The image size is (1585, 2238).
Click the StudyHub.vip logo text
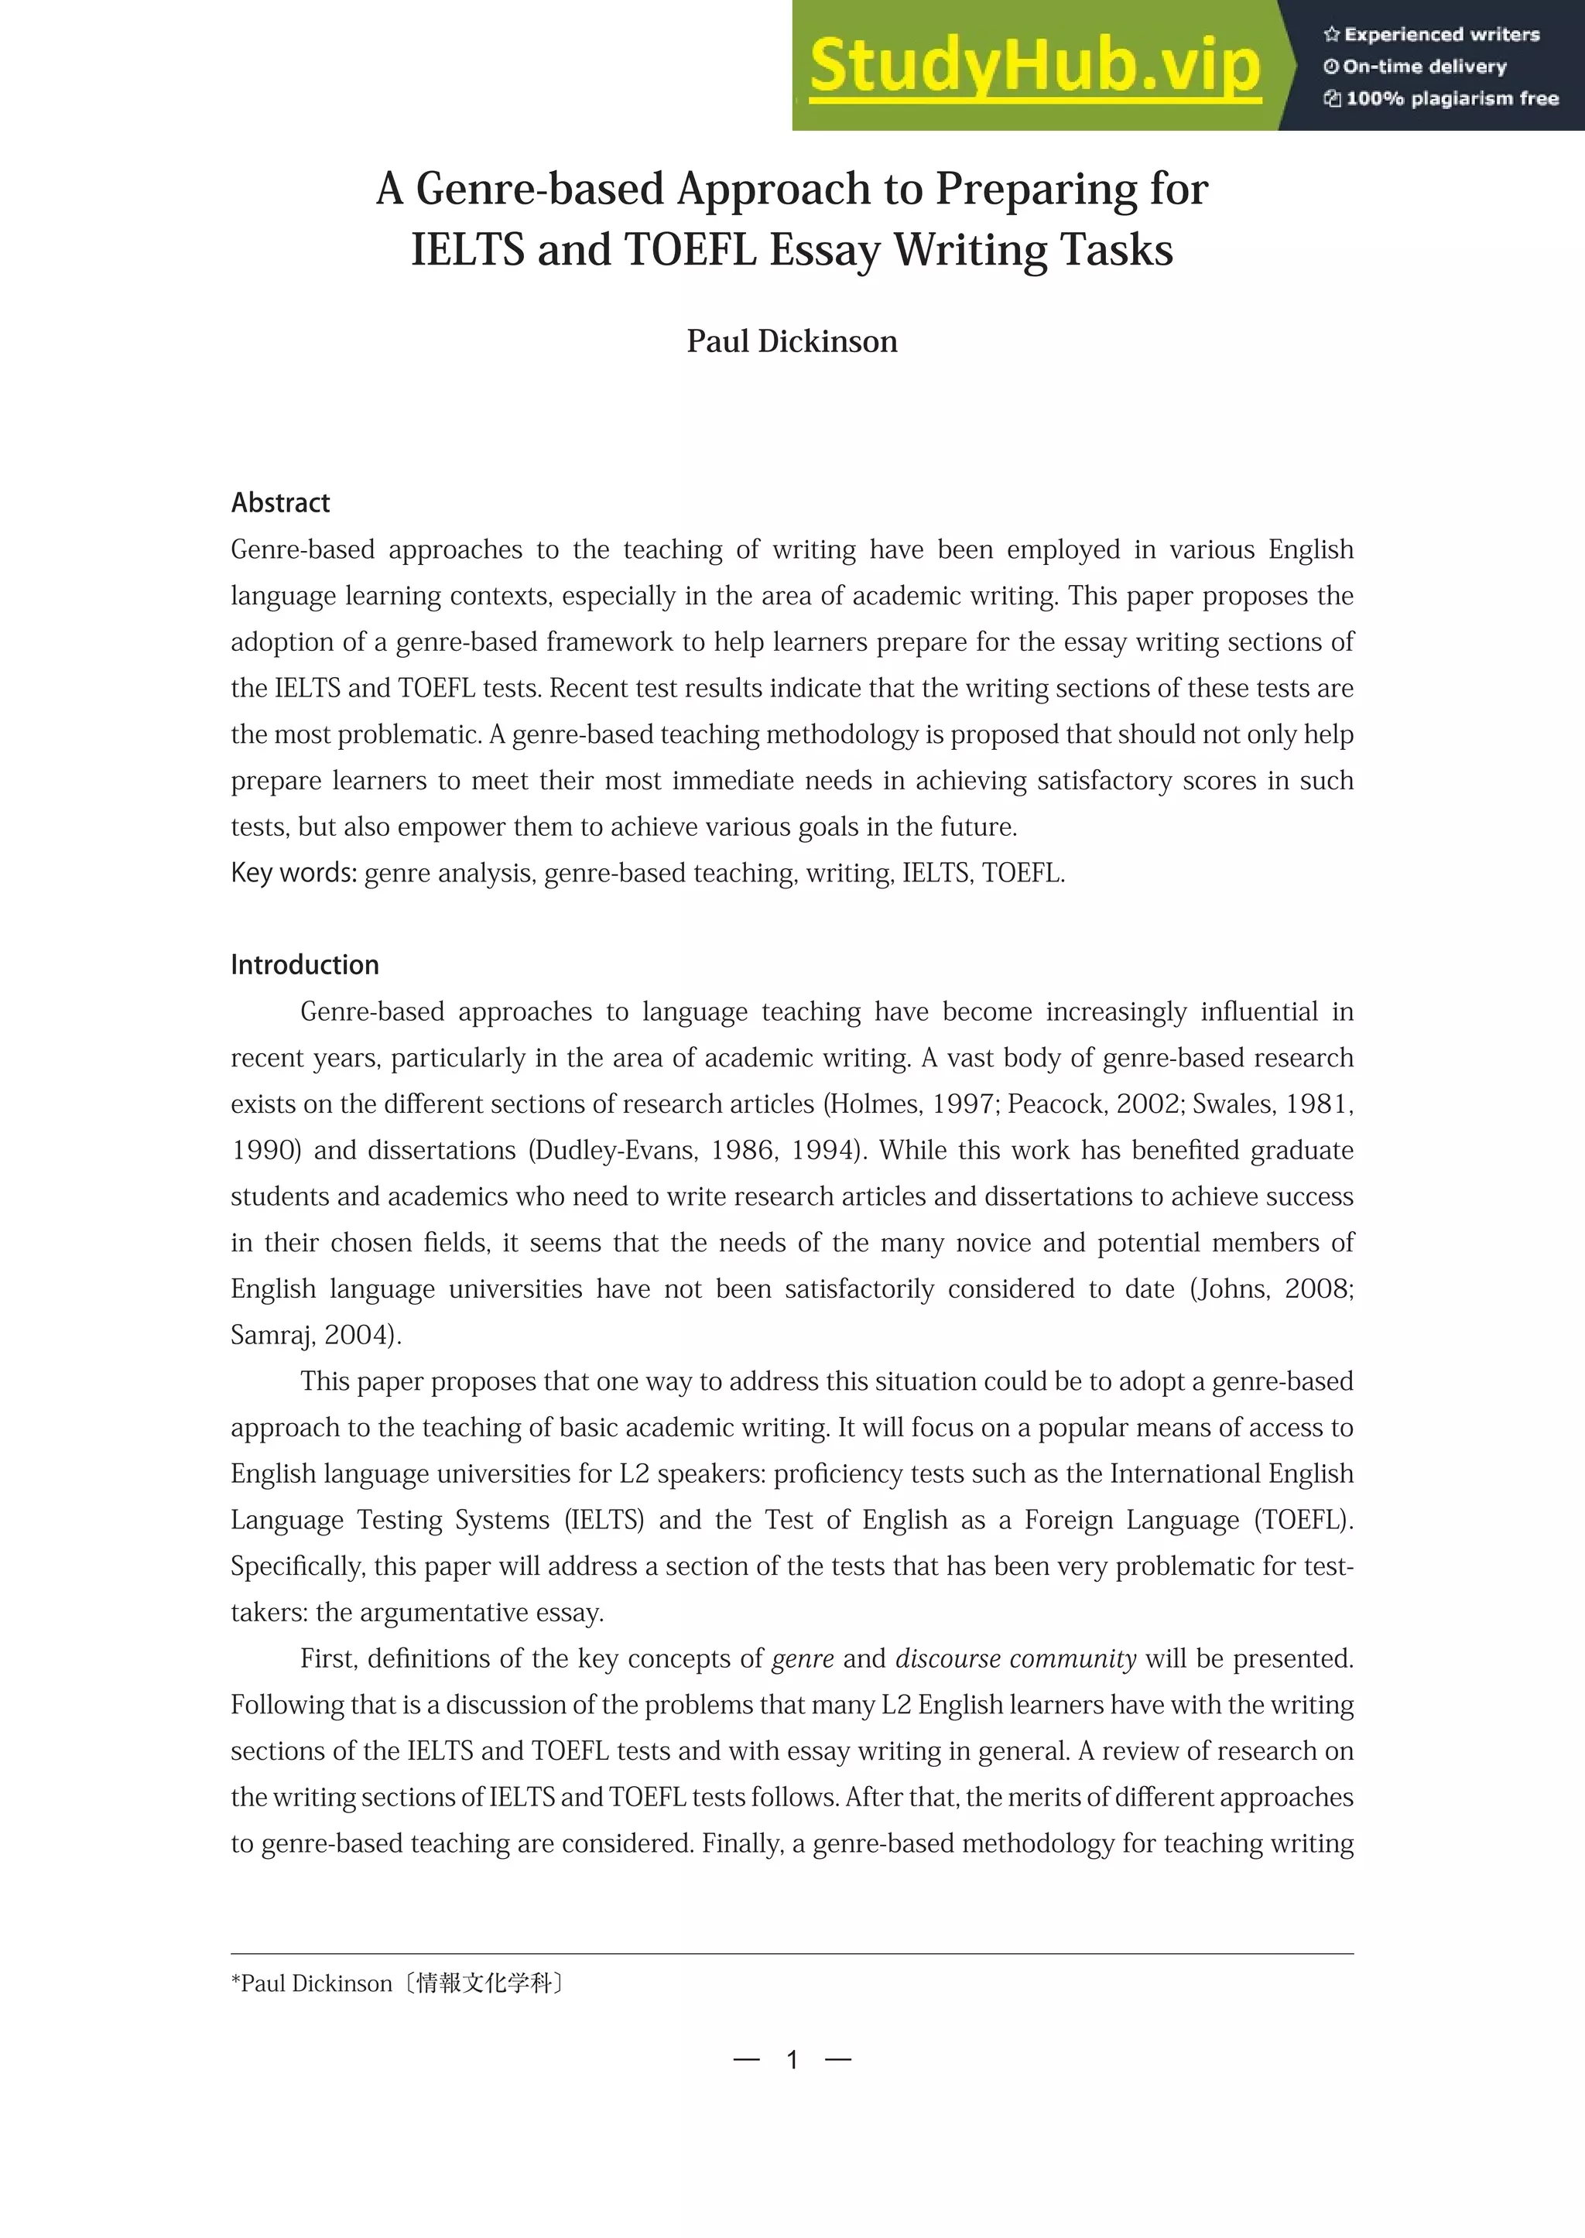pos(1035,67)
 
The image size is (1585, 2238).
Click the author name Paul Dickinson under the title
pos(792,341)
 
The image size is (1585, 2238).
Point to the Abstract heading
pos(280,503)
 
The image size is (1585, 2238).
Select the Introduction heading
pos(304,965)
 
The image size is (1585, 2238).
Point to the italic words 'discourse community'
pos(1015,1659)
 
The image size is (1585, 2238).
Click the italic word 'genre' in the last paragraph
pos(803,1659)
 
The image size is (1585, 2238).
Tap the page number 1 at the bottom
pos(792,2060)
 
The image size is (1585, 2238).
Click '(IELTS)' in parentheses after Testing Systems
pos(603,1521)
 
